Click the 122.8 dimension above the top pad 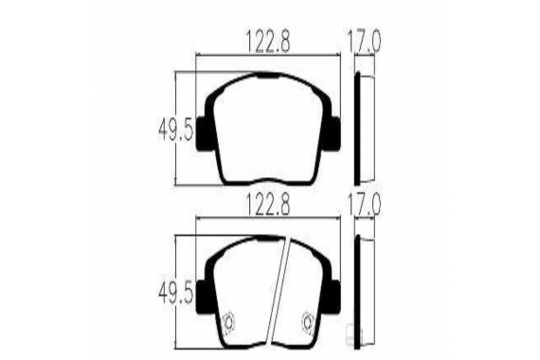(268, 42)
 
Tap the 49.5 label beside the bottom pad (176, 293)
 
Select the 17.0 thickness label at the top (364, 42)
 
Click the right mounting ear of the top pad (332, 134)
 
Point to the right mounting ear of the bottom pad (332, 297)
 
